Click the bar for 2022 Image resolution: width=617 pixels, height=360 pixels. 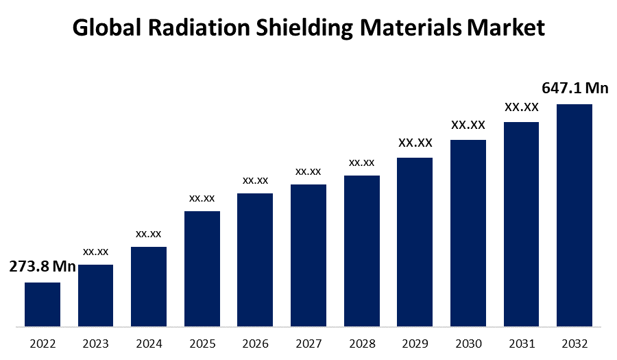43,304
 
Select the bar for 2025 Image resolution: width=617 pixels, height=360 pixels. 202,268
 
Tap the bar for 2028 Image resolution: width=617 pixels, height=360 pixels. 362,250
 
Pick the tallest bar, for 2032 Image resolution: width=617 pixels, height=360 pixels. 574,215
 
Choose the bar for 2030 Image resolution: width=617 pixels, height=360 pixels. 468,232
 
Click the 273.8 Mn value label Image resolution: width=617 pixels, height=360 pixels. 43,267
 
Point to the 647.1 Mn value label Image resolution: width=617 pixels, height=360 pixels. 575,88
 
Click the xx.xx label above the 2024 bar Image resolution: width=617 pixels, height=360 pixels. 149,234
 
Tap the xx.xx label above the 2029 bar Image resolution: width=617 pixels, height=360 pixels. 415,143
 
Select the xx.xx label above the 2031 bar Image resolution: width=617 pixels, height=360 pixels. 522,107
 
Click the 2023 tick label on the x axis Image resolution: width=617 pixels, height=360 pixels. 95,344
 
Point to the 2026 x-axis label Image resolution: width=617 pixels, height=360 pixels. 255,344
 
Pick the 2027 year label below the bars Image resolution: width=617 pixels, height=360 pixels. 308,344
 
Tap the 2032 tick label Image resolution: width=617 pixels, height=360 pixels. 574,344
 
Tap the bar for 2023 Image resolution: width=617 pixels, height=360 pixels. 95,295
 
